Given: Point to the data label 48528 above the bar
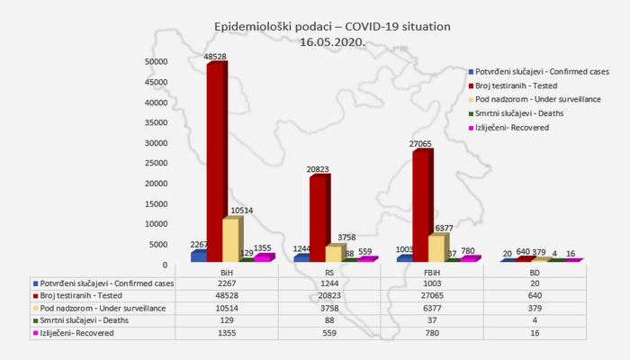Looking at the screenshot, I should point(215,57).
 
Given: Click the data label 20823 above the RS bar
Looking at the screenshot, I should point(318,169).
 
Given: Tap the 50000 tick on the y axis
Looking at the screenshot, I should point(157,62).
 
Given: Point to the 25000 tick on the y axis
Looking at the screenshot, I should point(157,164).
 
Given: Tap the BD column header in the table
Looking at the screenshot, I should point(535,272).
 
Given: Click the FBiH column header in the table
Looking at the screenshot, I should point(433,272).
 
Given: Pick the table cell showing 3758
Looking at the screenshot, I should point(330,306).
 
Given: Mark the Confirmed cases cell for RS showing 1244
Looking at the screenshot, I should point(330,282).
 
